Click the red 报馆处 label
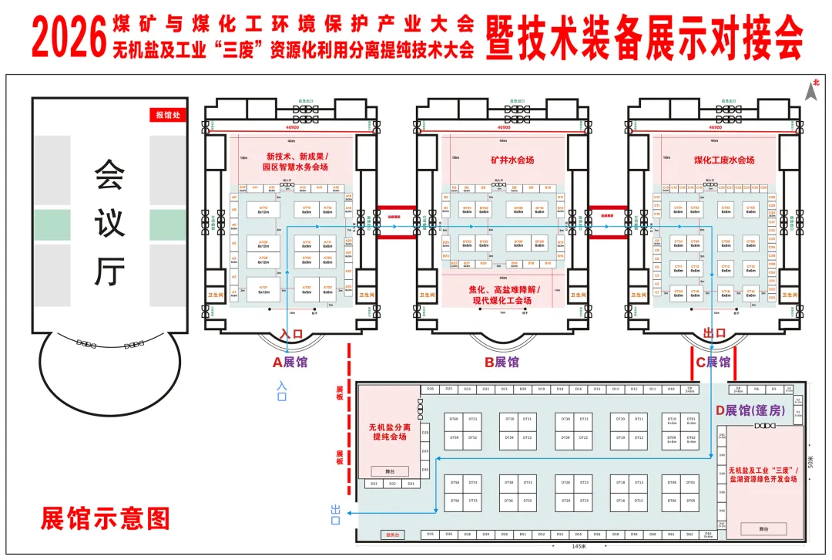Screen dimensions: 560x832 (x=167, y=116)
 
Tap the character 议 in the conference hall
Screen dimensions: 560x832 (x=109, y=223)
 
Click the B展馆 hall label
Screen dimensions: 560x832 (x=502, y=361)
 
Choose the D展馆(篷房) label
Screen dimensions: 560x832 (x=750, y=410)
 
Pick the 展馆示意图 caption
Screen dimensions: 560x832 (x=105, y=518)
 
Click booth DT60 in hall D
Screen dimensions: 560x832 (x=454, y=419)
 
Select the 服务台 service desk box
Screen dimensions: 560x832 (x=391, y=534)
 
